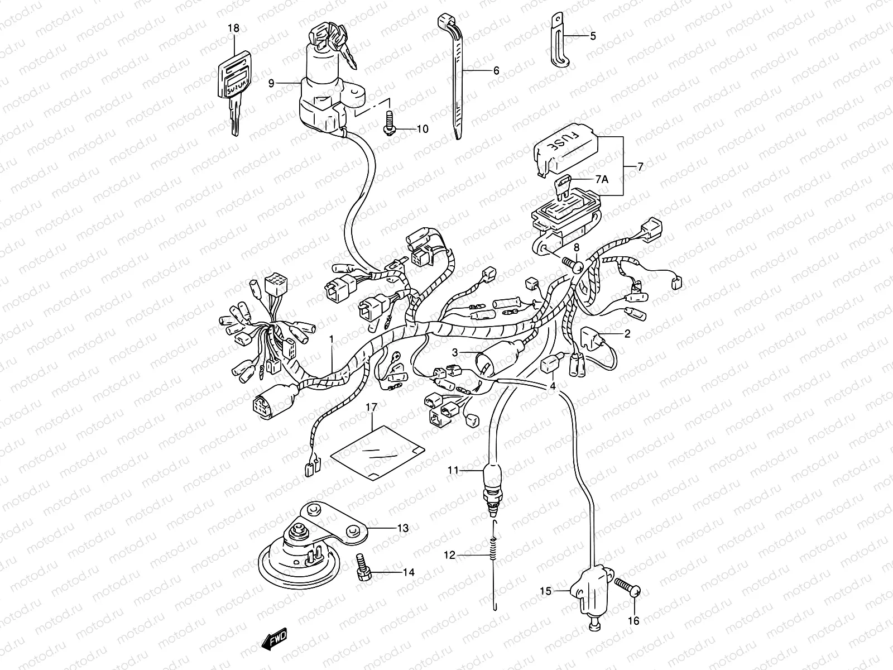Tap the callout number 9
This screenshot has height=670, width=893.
[x=271, y=83]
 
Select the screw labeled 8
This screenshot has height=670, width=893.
[x=570, y=262]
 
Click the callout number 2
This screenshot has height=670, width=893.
[x=627, y=334]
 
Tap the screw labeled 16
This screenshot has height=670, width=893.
[x=627, y=589]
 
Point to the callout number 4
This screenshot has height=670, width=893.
[x=553, y=386]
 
